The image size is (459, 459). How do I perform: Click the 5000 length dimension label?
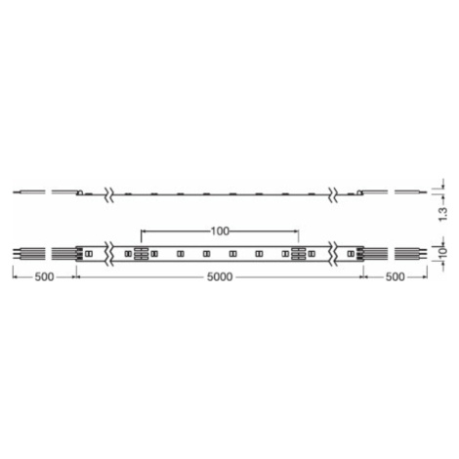point(220,277)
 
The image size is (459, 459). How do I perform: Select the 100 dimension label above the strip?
point(220,231)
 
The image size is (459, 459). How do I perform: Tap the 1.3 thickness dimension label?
point(443,214)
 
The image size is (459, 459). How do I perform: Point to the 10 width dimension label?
point(443,252)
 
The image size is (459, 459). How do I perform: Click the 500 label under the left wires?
point(44,277)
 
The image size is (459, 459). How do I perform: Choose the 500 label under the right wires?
point(396,277)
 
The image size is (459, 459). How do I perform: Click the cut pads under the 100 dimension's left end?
point(141,253)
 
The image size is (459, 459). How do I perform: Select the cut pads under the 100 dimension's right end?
point(299,253)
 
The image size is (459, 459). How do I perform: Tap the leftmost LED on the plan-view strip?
point(88,253)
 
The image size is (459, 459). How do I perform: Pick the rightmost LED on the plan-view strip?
point(351,253)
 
